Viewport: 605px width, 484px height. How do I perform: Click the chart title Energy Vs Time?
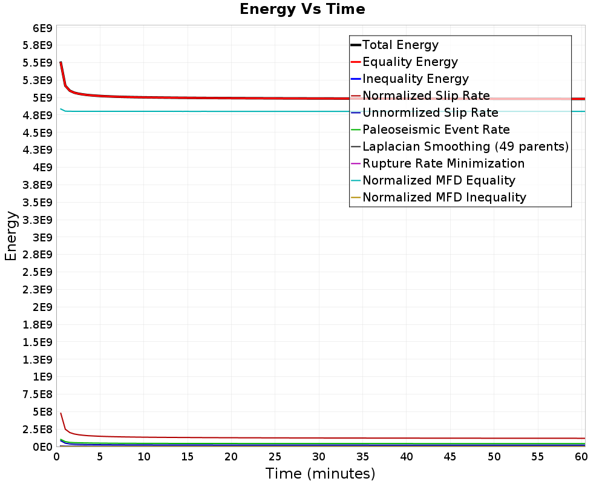click(302, 9)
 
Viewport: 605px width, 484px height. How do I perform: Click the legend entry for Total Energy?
click(400, 45)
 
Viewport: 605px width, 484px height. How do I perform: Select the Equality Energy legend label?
click(410, 62)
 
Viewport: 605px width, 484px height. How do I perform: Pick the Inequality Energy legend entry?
click(415, 79)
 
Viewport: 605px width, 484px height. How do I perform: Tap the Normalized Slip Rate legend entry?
click(426, 96)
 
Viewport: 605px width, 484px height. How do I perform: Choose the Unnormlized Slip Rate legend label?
click(430, 113)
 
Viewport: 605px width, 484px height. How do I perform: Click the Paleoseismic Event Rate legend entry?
click(436, 129)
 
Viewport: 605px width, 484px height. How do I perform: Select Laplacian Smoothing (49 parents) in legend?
click(465, 146)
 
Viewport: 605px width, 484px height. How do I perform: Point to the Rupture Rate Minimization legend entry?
click(443, 163)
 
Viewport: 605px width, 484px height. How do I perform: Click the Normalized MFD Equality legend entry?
click(439, 180)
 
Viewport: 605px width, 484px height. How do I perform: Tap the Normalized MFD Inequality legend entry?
click(444, 197)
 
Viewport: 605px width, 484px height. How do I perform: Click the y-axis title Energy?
click(10, 236)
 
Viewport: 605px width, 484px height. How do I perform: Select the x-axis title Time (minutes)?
click(320, 473)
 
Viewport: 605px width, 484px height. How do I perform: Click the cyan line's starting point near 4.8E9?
click(61, 109)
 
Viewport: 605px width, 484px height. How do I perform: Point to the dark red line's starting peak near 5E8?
click(61, 413)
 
